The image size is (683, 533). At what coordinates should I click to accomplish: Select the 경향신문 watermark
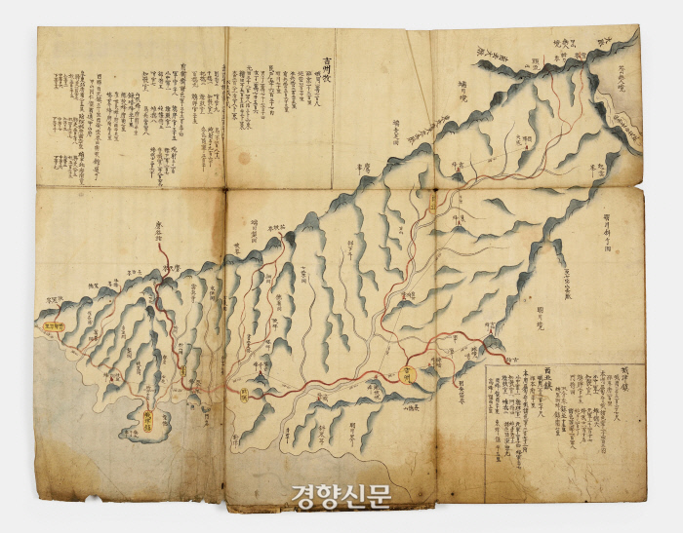pyautogui.click(x=341, y=494)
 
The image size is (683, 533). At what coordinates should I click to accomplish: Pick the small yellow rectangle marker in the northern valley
pyautogui.click(x=433, y=204)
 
